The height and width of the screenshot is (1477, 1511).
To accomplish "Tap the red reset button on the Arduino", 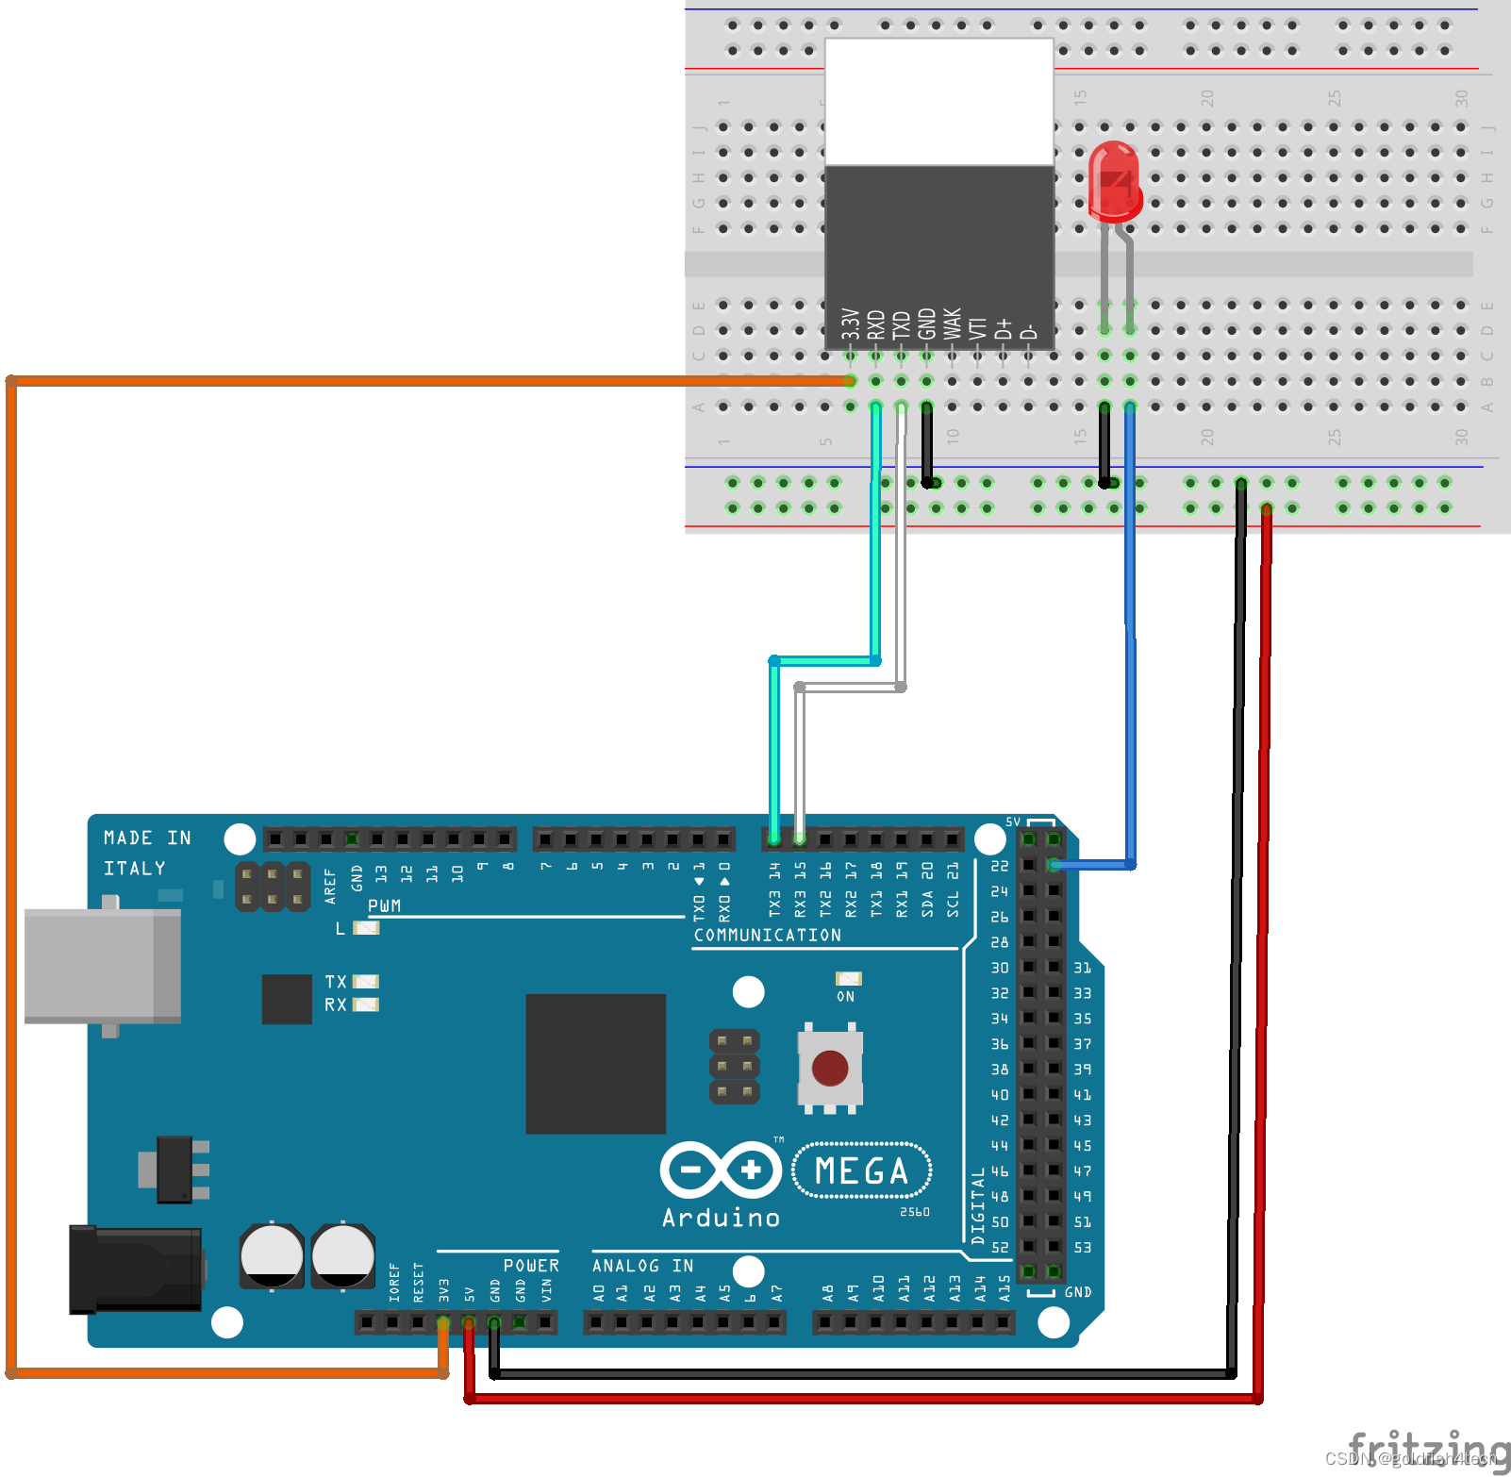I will click(x=829, y=1069).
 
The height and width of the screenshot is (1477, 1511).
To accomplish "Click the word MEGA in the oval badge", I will click(x=861, y=1171).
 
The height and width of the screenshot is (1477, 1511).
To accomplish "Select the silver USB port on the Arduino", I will click(x=101, y=966).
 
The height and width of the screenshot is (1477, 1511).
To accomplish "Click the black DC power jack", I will click(x=135, y=1270).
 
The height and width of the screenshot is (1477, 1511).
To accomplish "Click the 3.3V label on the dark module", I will click(x=850, y=324).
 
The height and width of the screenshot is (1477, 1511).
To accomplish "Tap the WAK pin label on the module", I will click(x=953, y=324).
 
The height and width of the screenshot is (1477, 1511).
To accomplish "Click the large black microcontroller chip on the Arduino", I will click(x=595, y=1063).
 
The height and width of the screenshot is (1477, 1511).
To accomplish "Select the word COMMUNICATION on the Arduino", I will click(x=767, y=936).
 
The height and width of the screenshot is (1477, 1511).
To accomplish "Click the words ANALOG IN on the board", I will click(x=642, y=1266).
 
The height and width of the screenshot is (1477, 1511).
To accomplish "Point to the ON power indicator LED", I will click(x=848, y=979).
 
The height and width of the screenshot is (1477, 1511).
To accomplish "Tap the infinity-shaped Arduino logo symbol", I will click(x=722, y=1170).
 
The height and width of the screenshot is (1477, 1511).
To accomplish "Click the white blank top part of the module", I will click(x=938, y=101).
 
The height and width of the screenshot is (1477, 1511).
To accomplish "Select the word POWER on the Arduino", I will click(x=531, y=1266).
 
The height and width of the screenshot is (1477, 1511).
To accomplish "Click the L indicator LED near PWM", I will click(x=366, y=928).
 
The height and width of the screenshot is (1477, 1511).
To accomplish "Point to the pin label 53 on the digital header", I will click(x=1082, y=1248).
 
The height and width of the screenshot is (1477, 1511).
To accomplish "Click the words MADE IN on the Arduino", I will click(x=147, y=838).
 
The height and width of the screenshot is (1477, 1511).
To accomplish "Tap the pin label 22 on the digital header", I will click(x=999, y=866).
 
